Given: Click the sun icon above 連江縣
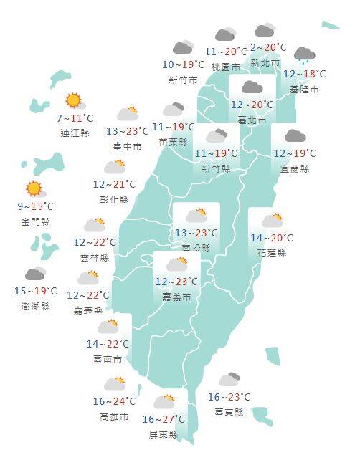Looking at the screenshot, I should [73, 101].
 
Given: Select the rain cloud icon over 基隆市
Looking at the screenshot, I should [305, 55].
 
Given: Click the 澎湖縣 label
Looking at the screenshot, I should [36, 306].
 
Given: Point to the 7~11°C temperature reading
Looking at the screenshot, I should [74, 118].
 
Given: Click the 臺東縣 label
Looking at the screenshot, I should [229, 412].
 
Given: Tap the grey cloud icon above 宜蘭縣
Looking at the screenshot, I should [295, 136].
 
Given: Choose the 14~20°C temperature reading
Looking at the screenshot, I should [272, 239].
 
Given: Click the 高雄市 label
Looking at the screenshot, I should [115, 416].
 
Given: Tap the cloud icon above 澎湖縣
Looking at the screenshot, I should [35, 274].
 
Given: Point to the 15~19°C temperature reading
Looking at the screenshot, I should [35, 291].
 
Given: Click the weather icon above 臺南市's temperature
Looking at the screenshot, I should [108, 327].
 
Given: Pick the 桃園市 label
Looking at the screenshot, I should [226, 66].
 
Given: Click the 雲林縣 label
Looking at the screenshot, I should [95, 257].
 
